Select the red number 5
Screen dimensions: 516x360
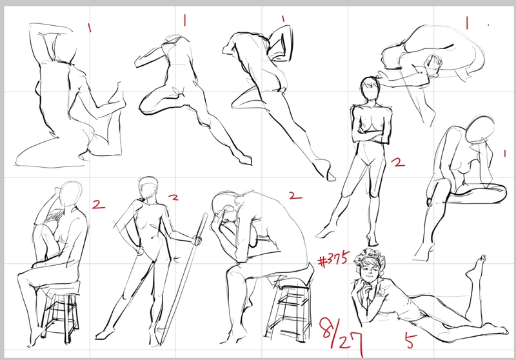(410, 341)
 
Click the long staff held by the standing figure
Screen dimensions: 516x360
(184, 279)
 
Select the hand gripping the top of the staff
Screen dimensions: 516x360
(197, 240)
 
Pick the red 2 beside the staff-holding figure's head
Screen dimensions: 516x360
(174, 197)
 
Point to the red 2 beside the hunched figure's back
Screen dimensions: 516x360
(295, 195)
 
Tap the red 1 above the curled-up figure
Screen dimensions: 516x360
(466, 23)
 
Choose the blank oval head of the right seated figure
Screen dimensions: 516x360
(481, 130)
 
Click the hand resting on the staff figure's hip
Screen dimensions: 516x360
(139, 251)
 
